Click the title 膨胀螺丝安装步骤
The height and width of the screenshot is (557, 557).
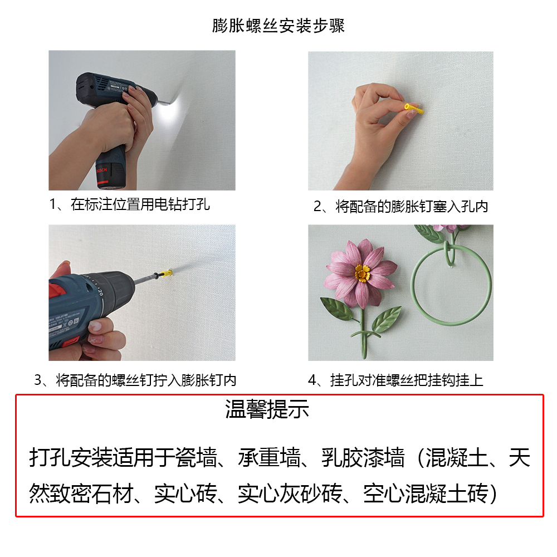(x=278, y=26)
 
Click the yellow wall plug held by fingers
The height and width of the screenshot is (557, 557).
(x=413, y=109)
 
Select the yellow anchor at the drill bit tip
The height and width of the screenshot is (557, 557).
(x=166, y=273)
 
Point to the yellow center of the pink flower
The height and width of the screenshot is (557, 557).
(x=363, y=273)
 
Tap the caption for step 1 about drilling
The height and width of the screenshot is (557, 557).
(x=129, y=204)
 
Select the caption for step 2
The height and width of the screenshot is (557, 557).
(x=400, y=207)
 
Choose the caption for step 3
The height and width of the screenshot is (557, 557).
(x=135, y=380)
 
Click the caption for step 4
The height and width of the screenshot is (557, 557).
(x=395, y=380)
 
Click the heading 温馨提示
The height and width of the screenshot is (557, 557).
(x=267, y=409)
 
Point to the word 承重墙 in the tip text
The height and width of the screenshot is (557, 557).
(x=269, y=457)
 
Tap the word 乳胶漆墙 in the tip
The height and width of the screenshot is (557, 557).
(x=363, y=457)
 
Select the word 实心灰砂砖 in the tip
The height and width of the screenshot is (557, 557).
(x=290, y=494)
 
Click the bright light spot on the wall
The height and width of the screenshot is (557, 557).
(x=171, y=110)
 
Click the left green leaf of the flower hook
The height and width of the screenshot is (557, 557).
(x=337, y=309)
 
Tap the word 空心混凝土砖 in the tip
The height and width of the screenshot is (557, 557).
(x=426, y=494)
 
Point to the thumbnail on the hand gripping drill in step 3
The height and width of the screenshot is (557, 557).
(x=96, y=325)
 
